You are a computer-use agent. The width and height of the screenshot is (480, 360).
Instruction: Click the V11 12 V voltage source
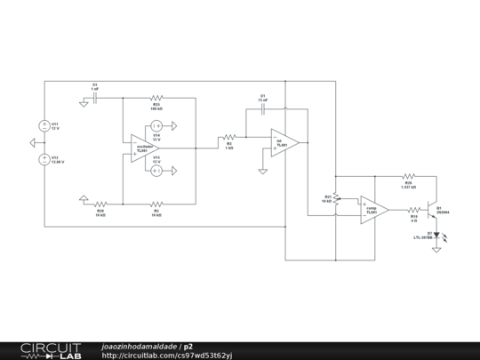coord(44,126)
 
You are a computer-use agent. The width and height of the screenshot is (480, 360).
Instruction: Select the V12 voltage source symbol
coord(44,160)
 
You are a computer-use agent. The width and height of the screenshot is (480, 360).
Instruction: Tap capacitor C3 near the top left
coord(94,99)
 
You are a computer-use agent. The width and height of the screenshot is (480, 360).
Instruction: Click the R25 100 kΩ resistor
coord(156,99)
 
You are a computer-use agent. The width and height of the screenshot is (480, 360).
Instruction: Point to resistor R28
coord(100,203)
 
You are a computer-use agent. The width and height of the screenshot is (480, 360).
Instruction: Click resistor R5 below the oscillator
coord(156,203)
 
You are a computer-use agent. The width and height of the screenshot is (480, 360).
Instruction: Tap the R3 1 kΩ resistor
coord(228,138)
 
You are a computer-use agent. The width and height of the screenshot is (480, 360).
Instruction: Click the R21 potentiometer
coord(336,200)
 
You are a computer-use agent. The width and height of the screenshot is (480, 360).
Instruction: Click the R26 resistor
coord(408,177)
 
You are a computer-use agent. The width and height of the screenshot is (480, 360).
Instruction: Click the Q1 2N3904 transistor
coord(433,210)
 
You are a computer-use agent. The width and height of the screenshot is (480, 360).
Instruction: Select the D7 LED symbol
coord(436,235)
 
